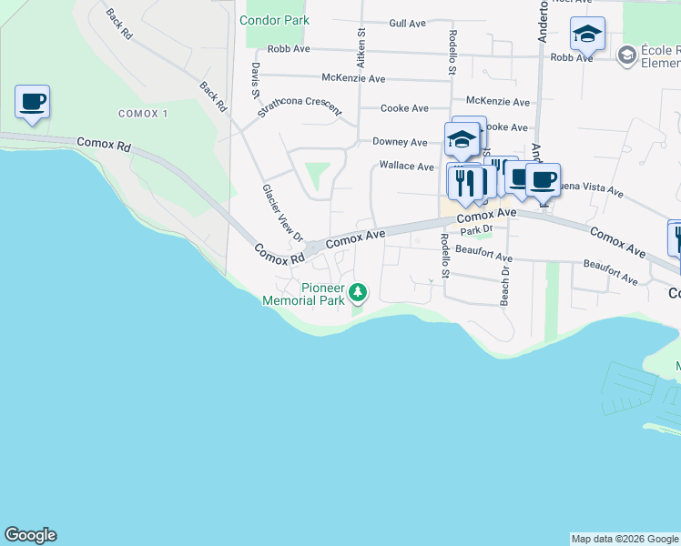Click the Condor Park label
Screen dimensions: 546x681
[274, 20]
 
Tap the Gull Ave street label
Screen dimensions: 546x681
[408, 24]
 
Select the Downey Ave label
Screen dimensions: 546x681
[400, 142]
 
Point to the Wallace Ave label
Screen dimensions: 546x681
[406, 167]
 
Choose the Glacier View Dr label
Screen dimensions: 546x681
[282, 213]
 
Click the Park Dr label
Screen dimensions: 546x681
[476, 230]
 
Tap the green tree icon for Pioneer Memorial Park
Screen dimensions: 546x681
[360, 291]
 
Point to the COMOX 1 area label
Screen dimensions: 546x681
[143, 113]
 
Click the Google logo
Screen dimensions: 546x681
[30, 535]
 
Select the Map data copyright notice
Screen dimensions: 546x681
[625, 539]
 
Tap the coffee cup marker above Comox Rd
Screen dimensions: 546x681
[33, 103]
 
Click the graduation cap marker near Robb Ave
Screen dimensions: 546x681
[587, 35]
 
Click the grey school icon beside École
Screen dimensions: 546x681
[625, 56]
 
